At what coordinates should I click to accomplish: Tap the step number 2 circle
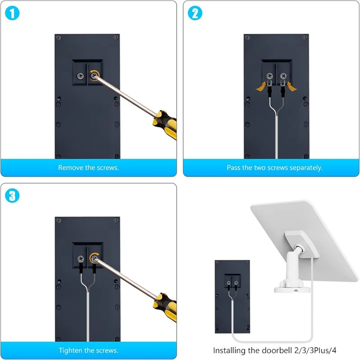[195, 13]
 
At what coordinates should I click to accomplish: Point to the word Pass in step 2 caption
[234, 167]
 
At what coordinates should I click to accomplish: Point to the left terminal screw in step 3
[81, 259]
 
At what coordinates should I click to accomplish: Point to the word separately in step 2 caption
[305, 167]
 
